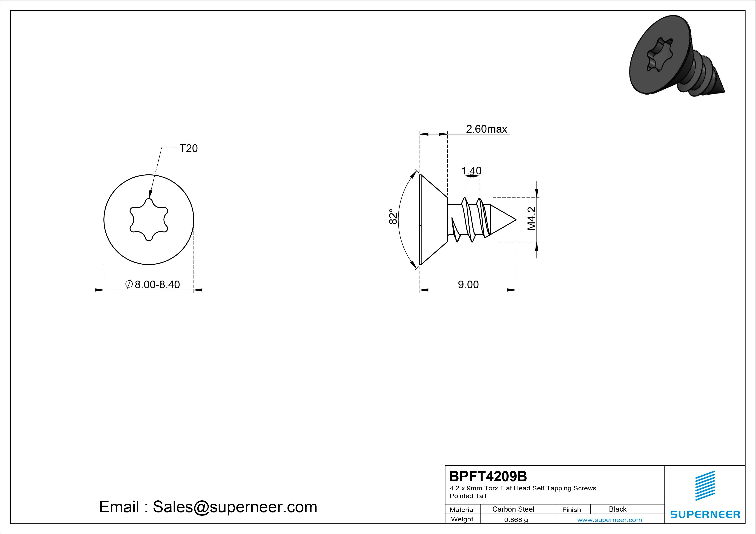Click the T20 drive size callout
[x=189, y=148]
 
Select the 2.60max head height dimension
[x=486, y=129]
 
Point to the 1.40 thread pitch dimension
[x=472, y=171]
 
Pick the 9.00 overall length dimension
[x=468, y=285]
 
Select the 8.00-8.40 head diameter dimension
[x=153, y=284]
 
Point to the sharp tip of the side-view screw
[x=516, y=219]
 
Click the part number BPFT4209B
[x=488, y=476]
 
